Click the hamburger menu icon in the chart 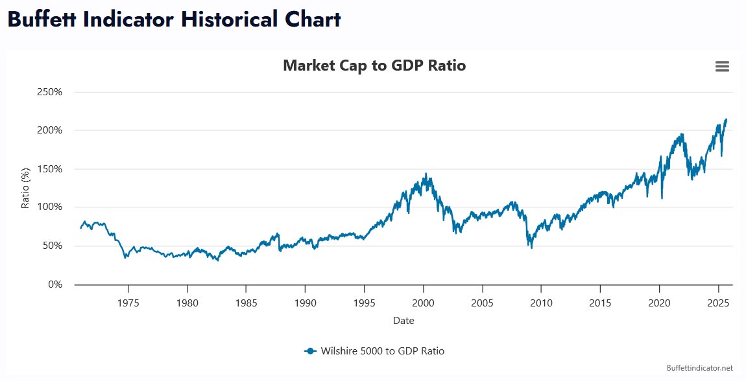coord(722,66)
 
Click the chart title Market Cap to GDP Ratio coord(374,65)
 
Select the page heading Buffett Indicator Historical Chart coord(174,19)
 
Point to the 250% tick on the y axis coord(49,92)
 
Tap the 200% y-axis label coord(49,130)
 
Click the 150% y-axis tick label coord(49,169)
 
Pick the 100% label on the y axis coord(49,207)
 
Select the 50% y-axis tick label coord(52,246)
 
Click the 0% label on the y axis coord(54,284)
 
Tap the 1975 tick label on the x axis coord(128,302)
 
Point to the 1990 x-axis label coord(306,302)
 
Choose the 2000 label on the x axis coord(424,302)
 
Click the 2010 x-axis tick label coord(542,302)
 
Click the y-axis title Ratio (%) coord(26,189)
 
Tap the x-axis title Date coord(403,320)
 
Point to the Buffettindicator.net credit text coord(699,367)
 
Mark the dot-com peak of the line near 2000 coord(426,174)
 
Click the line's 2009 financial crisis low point coord(531,248)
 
